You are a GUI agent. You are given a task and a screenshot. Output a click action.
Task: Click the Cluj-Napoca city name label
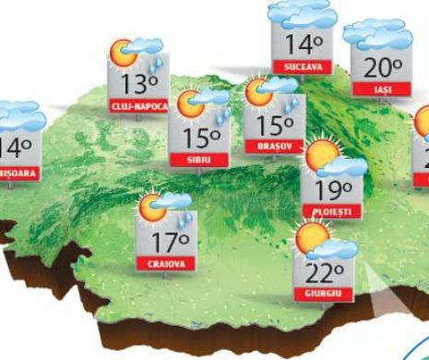(x=138, y=106)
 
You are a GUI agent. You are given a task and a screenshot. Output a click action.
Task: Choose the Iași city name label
(x=375, y=89)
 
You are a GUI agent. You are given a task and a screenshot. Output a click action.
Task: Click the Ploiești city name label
(x=331, y=211)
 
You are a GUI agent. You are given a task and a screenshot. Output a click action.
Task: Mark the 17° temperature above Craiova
(x=168, y=243)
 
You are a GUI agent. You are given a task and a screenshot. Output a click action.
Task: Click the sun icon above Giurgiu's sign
(x=312, y=240)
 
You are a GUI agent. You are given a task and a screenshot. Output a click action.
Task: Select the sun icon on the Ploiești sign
(x=322, y=158)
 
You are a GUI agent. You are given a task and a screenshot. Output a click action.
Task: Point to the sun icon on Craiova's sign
(x=149, y=209)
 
